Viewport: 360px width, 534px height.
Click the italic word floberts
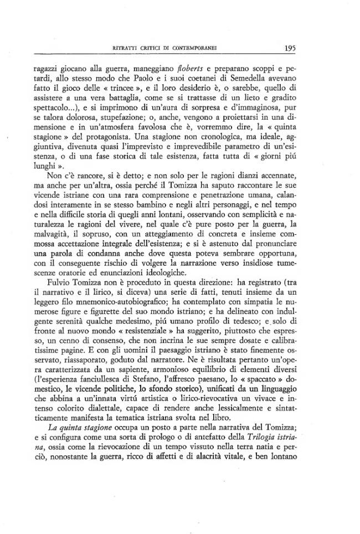pyautogui.click(x=208, y=70)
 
